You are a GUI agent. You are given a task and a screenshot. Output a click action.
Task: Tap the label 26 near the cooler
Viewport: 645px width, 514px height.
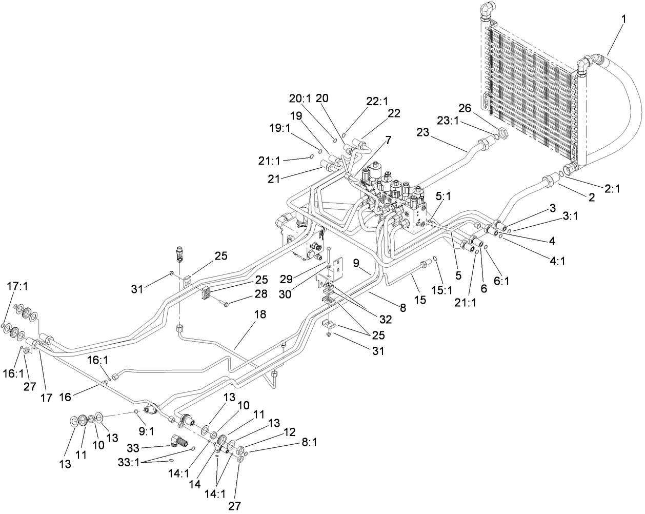[464, 108]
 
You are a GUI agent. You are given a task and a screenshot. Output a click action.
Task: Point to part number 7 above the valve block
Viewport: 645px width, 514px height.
[388, 140]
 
